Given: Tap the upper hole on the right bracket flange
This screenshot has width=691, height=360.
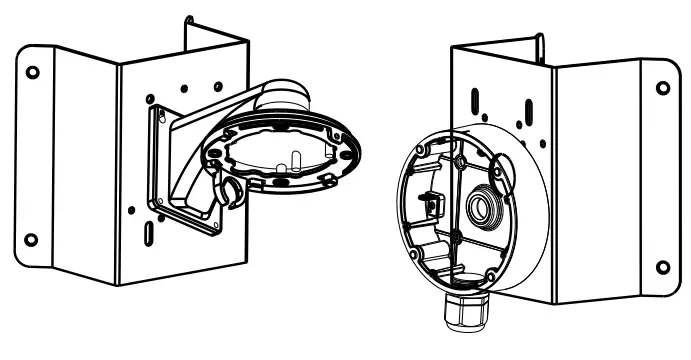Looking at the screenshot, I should pyautogui.click(x=661, y=88).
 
